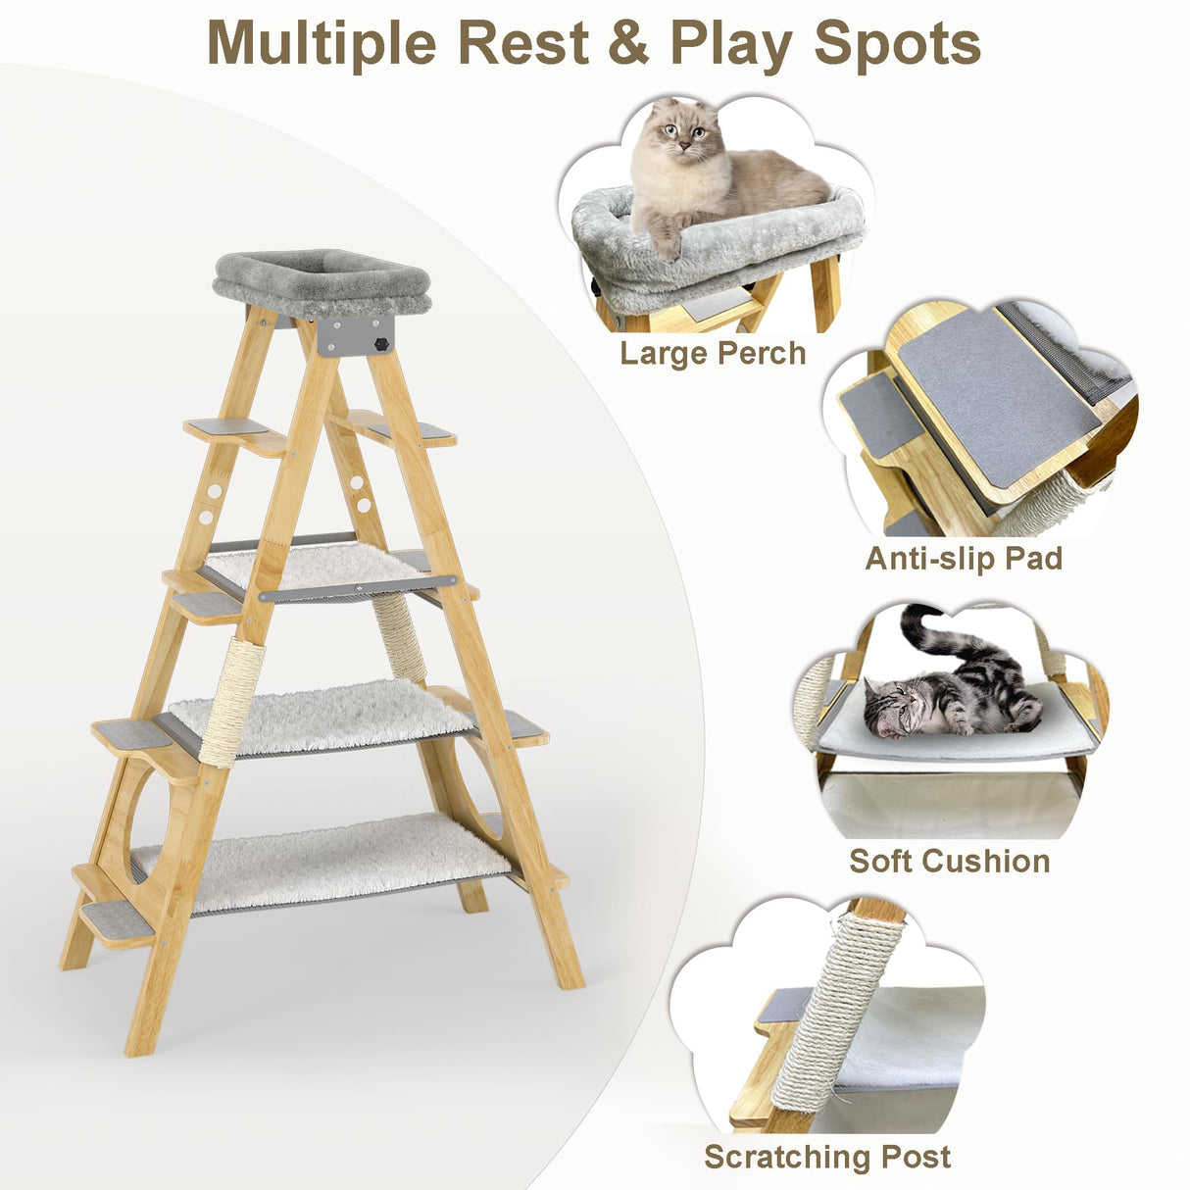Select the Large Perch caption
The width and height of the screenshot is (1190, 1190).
click(713, 353)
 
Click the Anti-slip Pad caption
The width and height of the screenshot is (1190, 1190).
click(964, 558)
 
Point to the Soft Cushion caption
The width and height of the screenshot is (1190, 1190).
click(949, 861)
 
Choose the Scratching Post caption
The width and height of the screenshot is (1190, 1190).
click(827, 1157)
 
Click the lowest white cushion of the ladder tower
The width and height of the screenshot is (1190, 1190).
click(323, 860)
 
